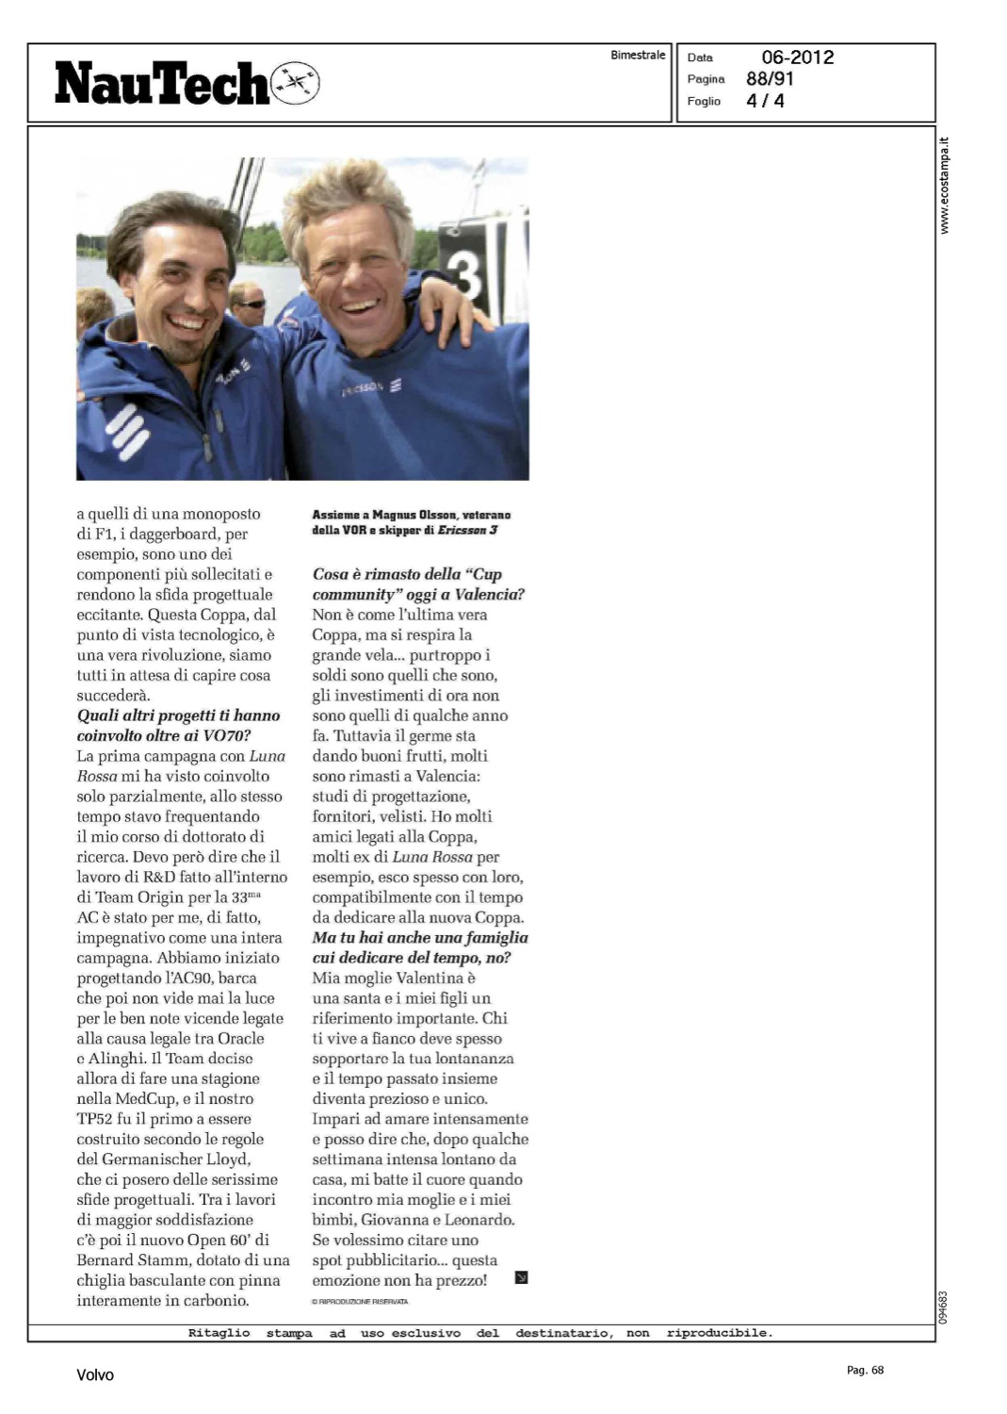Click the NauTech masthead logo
162,83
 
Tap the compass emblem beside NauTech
295,83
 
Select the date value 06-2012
797,58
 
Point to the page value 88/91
770,79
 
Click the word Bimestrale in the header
638,56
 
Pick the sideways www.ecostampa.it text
945,186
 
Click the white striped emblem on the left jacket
126,430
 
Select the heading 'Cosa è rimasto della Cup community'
418,584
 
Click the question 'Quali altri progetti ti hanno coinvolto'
178,725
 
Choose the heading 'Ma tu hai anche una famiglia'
420,947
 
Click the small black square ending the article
521,1278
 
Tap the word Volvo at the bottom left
95,1375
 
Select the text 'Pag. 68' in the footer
865,1370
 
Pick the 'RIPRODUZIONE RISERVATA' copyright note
361,1302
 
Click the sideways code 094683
943,1307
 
